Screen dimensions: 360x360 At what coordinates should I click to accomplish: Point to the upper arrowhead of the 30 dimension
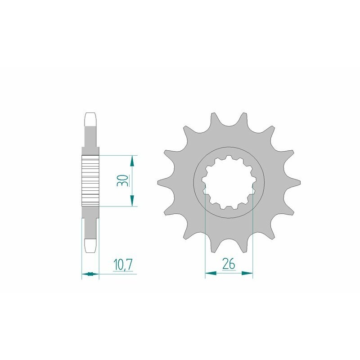point(132,160)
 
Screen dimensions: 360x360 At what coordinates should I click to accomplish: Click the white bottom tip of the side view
point(90,245)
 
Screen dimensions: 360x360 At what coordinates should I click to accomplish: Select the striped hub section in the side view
point(90,180)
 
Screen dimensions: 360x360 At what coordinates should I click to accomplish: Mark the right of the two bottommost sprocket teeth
point(245,245)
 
